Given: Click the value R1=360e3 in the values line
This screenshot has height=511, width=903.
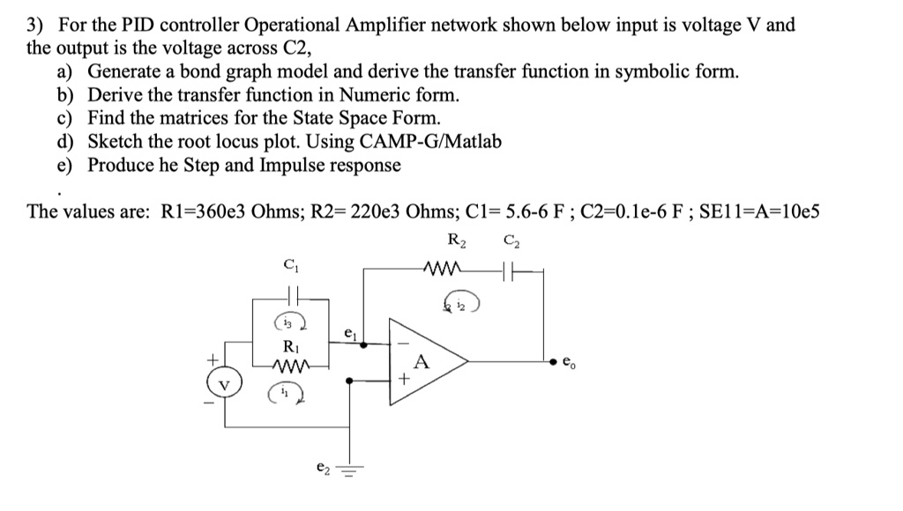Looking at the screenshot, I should (201, 211).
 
